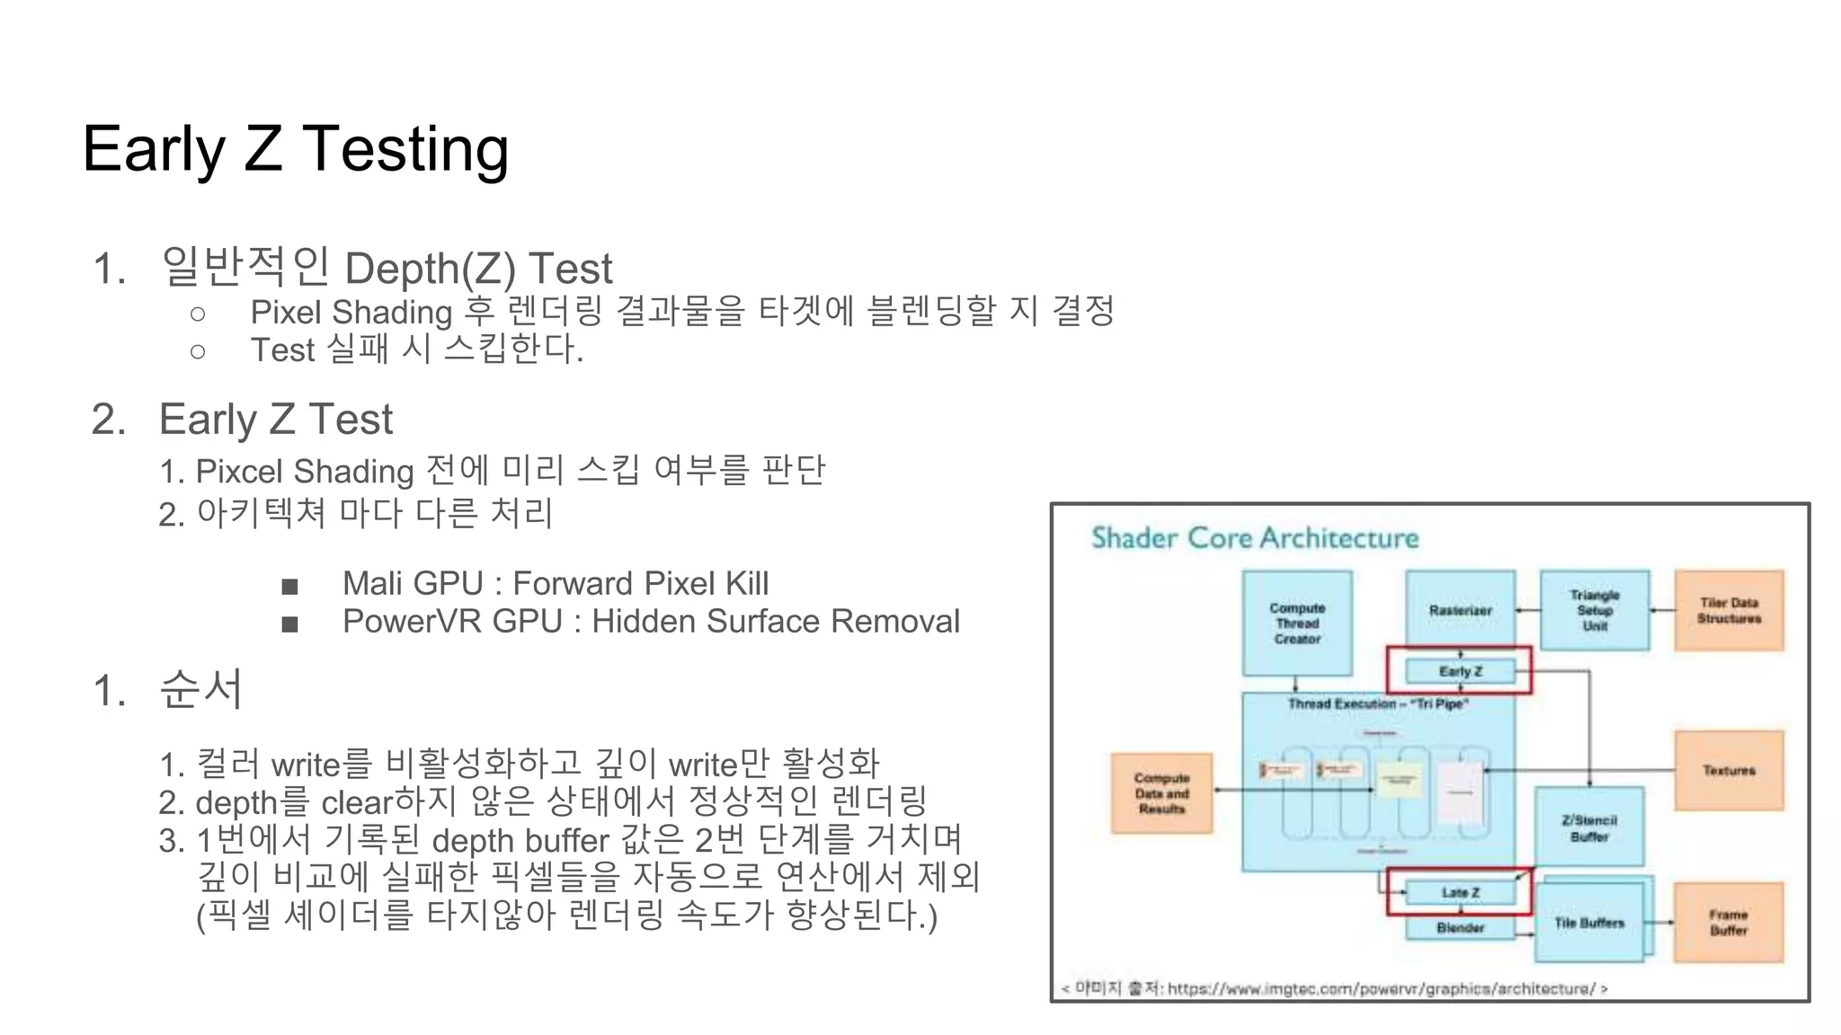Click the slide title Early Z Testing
pos(295,149)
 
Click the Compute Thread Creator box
pos(1296,623)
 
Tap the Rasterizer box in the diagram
pos(1460,610)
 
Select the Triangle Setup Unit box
pos(1594,610)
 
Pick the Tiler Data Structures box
pos(1728,610)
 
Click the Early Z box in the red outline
pos(1460,671)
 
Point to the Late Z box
pos(1460,892)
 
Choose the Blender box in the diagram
pos(1460,927)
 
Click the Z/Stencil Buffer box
pos(1588,827)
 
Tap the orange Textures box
pos(1728,770)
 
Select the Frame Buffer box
pos(1728,922)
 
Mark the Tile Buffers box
pos(1588,923)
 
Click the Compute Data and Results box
pos(1161,793)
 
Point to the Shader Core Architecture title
pos(1254,538)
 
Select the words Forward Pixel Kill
pos(640,584)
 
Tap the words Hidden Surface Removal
pos(775,622)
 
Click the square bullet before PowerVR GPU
pos(289,624)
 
